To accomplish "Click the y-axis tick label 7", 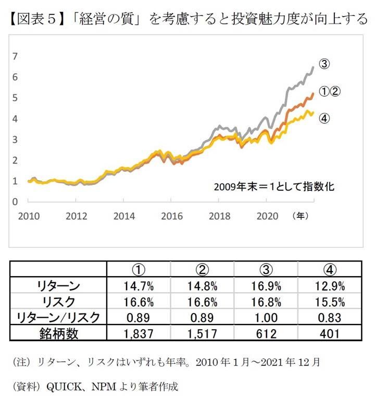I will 15,56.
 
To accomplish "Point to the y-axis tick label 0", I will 15,202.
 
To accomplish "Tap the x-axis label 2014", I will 123,216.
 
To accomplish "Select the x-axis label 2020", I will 267,216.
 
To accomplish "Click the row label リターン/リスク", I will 58,317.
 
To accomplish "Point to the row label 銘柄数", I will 58,333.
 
